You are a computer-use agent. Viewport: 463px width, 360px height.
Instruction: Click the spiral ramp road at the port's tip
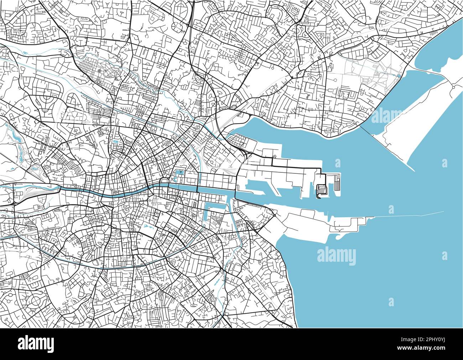(321, 189)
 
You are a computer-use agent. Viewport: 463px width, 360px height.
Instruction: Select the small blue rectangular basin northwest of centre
(115, 142)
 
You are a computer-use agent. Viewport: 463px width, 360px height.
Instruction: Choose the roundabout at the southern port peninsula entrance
(275, 215)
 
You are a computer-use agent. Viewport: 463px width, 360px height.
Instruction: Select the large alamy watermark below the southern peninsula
(336, 256)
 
